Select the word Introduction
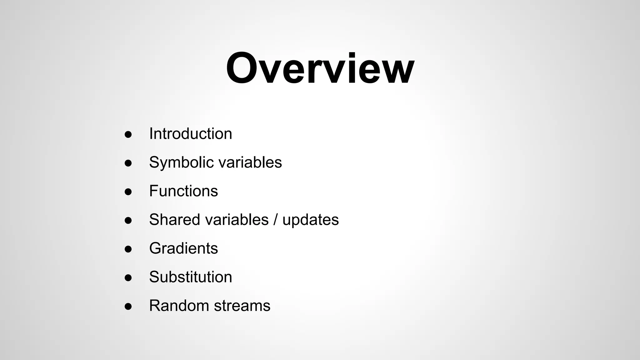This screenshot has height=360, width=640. pos(191,134)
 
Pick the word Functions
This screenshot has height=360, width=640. pos(183,191)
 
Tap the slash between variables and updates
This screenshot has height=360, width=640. pos(275,220)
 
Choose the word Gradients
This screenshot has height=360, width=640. pos(183,248)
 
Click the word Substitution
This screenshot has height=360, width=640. pos(191,277)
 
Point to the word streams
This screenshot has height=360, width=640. pos(242,306)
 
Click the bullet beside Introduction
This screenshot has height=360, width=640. pos(128,135)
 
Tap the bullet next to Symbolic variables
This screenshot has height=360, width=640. pos(128,163)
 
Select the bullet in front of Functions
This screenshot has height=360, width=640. pos(128,192)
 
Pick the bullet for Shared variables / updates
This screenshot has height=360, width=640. pos(128,221)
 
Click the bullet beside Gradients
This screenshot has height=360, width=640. pos(128,249)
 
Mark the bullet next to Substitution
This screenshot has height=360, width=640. pos(128,278)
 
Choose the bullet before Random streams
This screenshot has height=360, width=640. pos(128,307)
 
